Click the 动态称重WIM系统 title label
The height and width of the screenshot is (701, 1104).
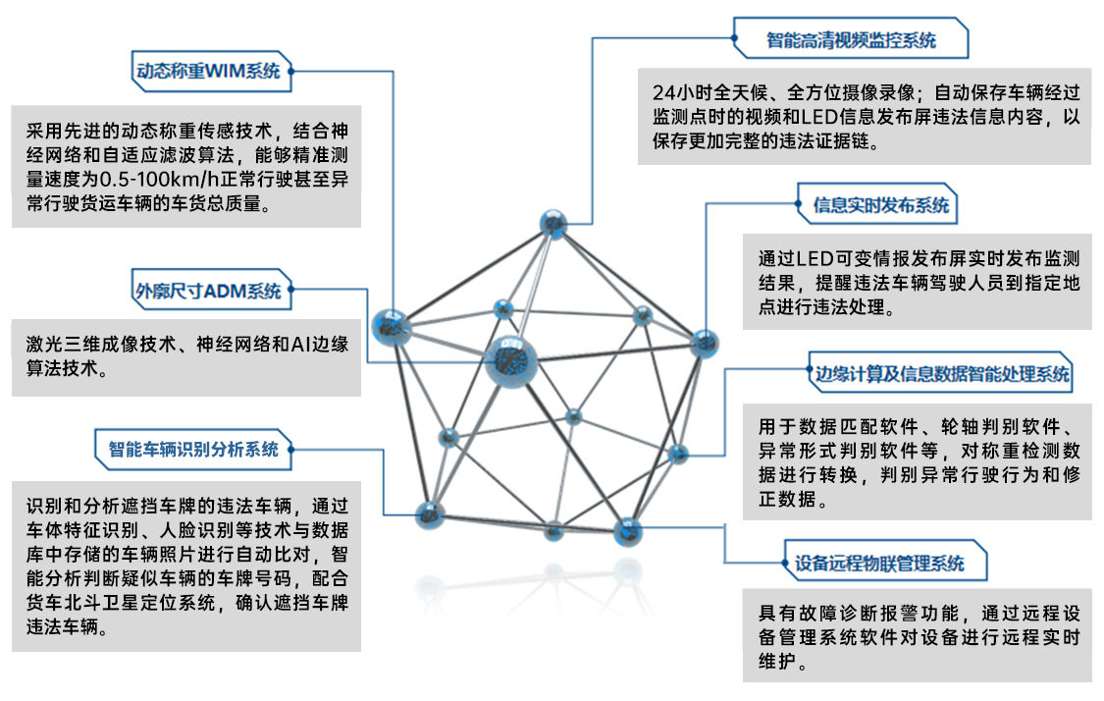[207, 71]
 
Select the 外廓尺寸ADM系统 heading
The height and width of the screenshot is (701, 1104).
[207, 291]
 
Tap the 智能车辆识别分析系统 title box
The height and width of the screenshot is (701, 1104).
[192, 450]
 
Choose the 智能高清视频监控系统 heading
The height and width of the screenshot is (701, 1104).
[851, 41]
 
